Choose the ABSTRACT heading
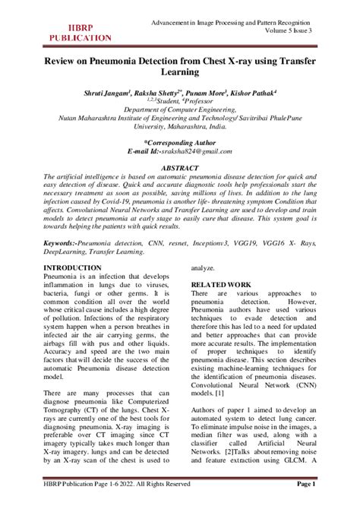click(179, 166)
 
